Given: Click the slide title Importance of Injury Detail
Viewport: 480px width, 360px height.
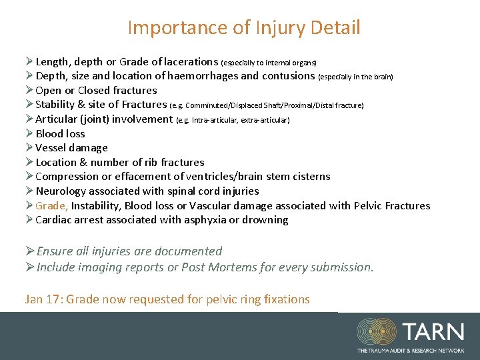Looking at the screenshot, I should tap(243, 28).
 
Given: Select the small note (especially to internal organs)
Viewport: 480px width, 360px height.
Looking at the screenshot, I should tap(269, 62).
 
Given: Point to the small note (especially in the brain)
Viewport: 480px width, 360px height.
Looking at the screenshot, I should tap(355, 77).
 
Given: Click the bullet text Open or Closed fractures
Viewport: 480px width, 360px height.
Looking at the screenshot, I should tap(96, 91).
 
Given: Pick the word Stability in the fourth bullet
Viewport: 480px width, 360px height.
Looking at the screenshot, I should tap(55, 105).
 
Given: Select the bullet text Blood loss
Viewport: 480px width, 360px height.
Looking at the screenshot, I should tap(60, 134).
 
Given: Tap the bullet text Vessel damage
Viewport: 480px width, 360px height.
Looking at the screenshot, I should tap(71, 148).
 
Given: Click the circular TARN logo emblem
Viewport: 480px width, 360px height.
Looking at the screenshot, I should tap(377, 332).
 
